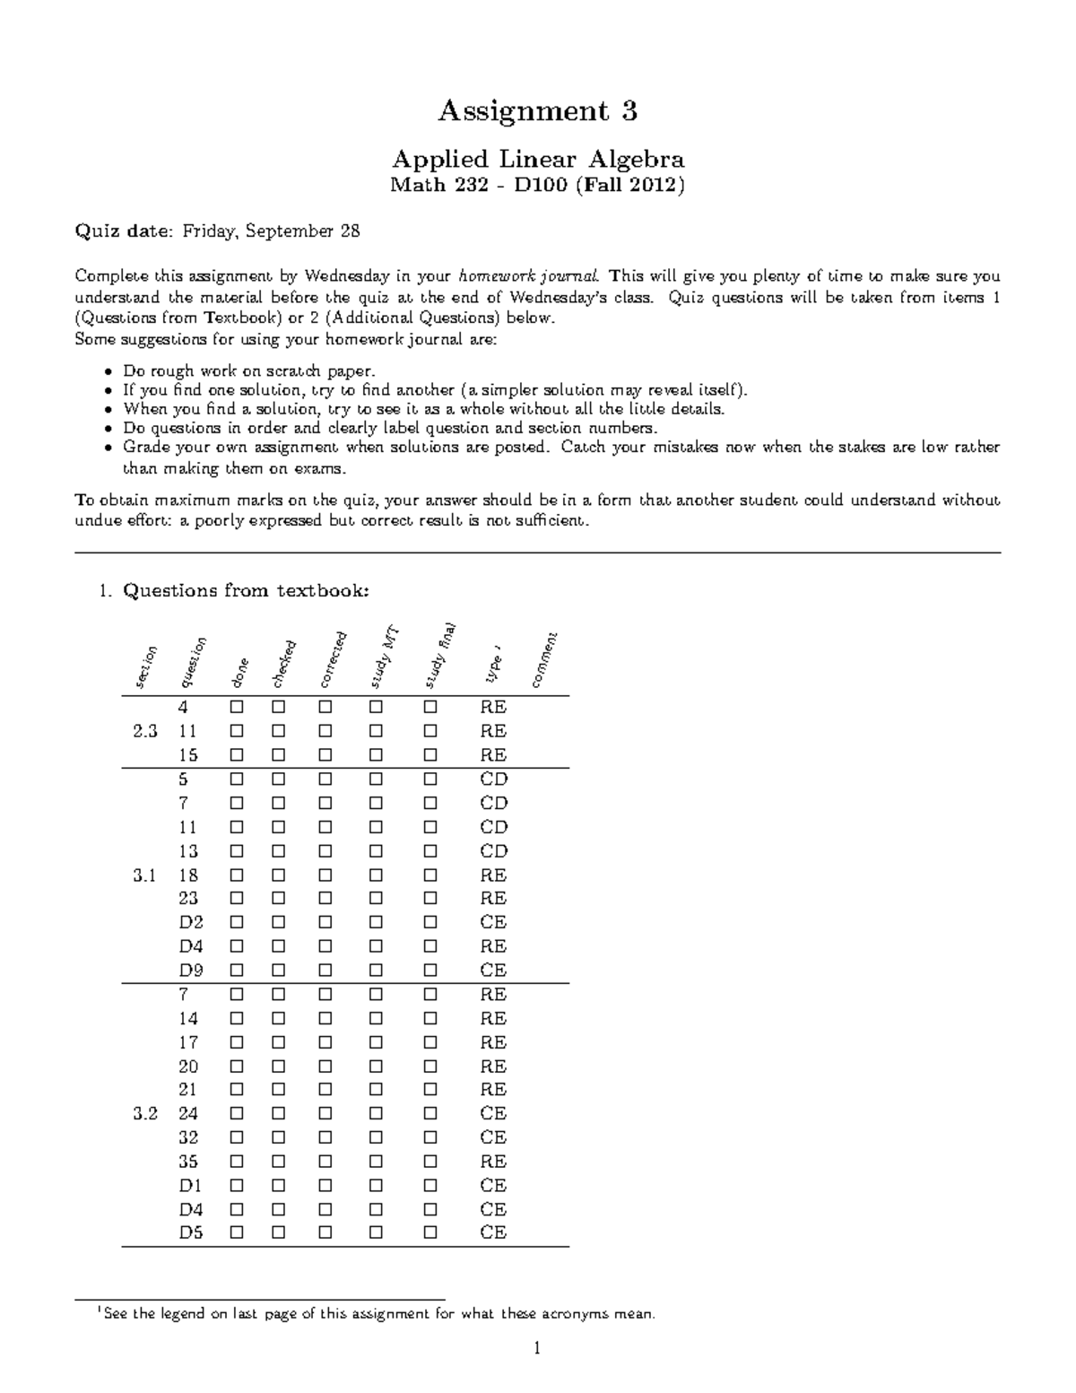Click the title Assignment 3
[x=537, y=111]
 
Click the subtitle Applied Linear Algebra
[x=537, y=160]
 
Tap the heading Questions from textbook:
[x=245, y=590]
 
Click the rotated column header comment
[x=544, y=661]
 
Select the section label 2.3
[x=145, y=731]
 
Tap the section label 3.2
[x=145, y=1113]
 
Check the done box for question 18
[x=237, y=875]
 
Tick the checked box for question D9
[x=279, y=970]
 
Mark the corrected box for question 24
[x=325, y=1113]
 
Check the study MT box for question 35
[x=376, y=1162]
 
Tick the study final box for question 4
[x=430, y=707]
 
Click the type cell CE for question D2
[x=493, y=922]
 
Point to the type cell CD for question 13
[x=493, y=850]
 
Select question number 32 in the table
[x=188, y=1137]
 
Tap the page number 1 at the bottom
[x=537, y=1348]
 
